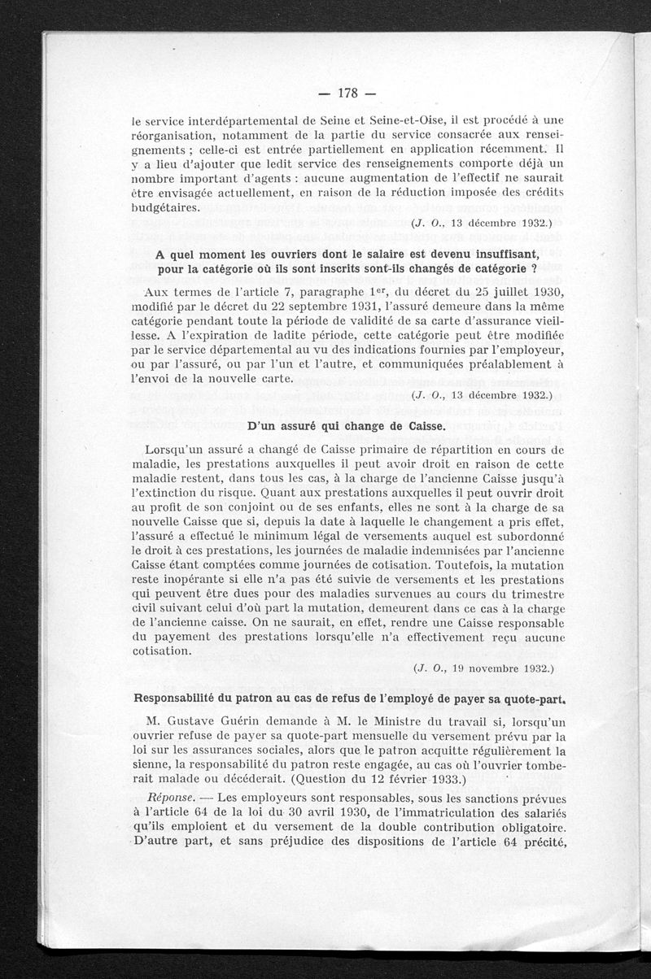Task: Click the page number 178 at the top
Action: (x=343, y=89)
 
